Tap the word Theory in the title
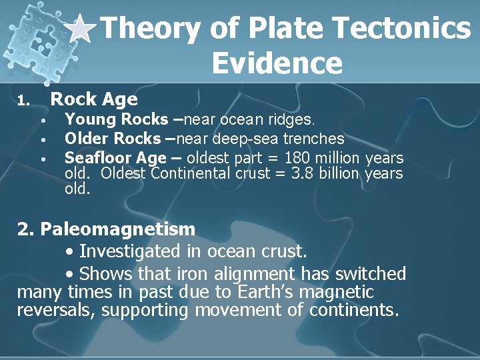tap(150, 29)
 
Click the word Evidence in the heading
tap(277, 63)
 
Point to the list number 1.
tap(23, 101)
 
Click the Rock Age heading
tap(94, 100)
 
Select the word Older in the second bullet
tap(87, 139)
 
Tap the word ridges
tap(293, 120)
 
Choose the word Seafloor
tap(98, 158)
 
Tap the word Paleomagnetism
tap(117, 229)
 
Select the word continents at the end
tap(352, 309)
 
